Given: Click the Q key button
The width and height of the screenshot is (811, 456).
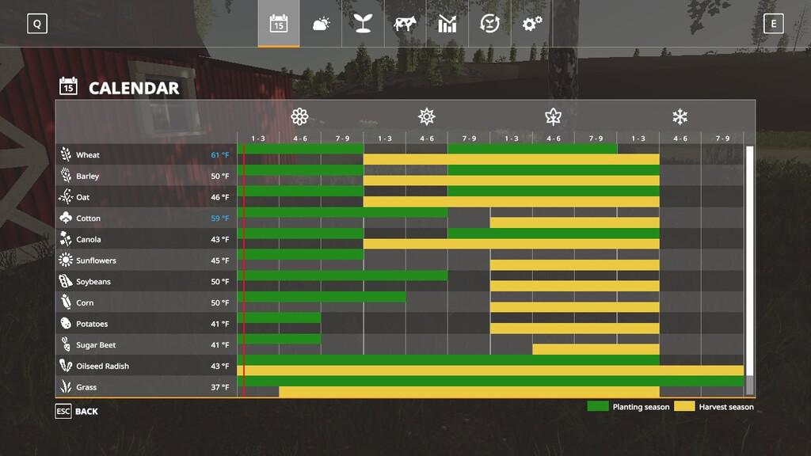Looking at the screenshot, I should (36, 24).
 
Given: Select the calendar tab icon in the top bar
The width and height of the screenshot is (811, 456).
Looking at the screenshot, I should (278, 24).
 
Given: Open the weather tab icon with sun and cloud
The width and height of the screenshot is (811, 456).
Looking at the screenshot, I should (321, 24).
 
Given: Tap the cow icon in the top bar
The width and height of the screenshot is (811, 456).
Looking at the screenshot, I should (405, 24).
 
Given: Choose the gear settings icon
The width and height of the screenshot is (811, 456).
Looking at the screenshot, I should (531, 24).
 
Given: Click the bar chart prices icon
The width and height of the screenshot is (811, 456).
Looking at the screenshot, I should (447, 24).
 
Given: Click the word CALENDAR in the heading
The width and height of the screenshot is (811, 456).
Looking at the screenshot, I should (133, 88).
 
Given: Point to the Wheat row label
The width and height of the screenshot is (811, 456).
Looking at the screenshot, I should (87, 155).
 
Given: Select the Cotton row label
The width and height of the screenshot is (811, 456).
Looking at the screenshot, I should (88, 218).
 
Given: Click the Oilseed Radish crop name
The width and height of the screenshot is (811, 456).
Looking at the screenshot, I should (102, 367).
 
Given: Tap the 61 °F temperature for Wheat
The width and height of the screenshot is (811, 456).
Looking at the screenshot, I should (219, 155).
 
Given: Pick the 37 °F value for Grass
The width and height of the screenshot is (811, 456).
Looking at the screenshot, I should (219, 388).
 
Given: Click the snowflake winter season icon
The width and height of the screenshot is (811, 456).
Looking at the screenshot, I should (680, 117).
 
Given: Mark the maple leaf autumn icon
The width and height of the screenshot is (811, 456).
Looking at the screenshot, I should (553, 117).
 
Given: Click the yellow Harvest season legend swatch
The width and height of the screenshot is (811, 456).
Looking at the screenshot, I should (684, 406).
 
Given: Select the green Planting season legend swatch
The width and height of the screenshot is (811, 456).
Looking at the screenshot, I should (598, 406).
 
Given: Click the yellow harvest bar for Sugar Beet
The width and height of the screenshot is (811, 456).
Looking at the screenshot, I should (596, 349).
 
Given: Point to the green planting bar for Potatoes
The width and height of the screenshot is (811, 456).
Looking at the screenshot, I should (279, 317).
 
